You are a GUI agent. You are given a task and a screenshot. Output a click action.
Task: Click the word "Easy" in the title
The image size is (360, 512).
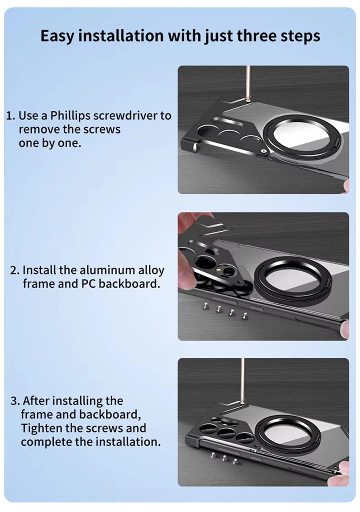[57, 36]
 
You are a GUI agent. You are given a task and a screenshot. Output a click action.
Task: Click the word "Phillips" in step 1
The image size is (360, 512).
[70, 116]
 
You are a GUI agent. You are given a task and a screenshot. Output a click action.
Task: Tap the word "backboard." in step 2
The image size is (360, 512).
[129, 284]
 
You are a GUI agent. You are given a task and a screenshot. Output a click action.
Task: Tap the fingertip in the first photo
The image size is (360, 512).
[346, 185]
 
